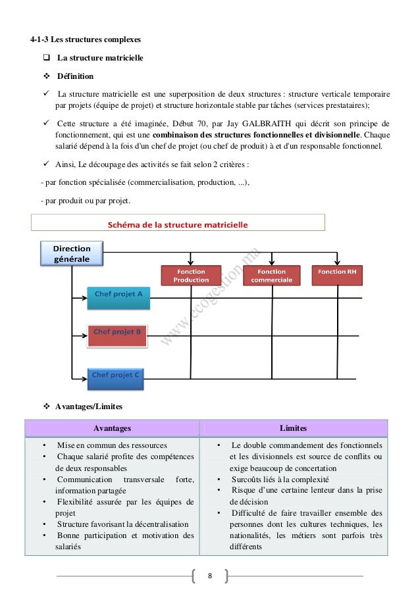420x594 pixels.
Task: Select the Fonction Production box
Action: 191,276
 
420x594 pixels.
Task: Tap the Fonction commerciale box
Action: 271,276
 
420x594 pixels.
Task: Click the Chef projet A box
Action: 118,297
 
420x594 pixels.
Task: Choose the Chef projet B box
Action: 117,335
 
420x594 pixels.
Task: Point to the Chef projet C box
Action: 116,376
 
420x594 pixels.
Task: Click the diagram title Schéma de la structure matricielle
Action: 178,224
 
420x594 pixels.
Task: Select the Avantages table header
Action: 112,428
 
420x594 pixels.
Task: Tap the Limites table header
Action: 293,428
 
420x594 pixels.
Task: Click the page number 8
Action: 210,577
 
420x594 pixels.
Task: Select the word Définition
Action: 75,76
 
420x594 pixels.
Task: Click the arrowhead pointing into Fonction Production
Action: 191,262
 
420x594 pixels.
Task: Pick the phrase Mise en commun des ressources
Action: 112,445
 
